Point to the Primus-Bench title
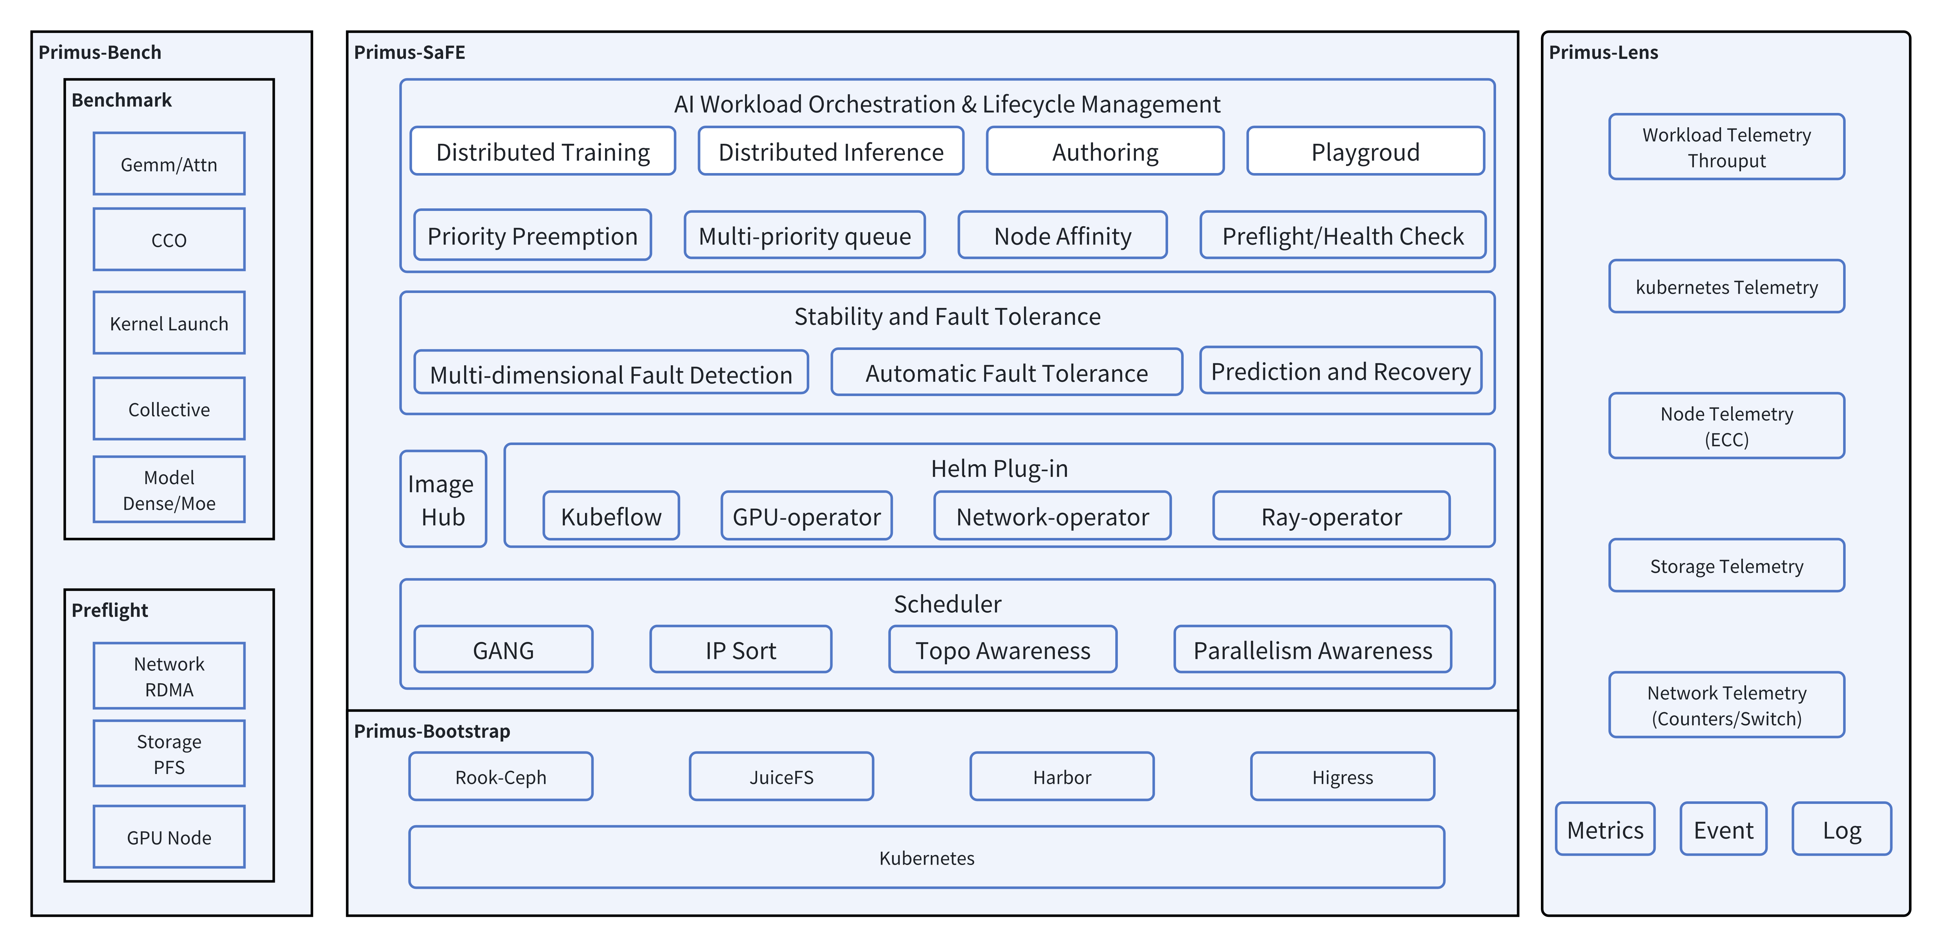click(100, 52)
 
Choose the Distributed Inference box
click(831, 152)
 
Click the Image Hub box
click(443, 499)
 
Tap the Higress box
click(1342, 777)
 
